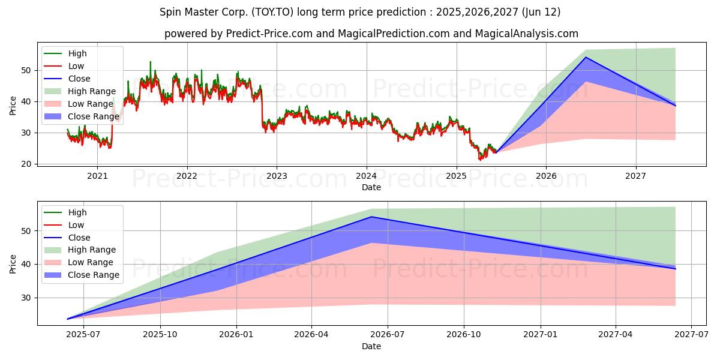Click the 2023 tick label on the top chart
pos(277,176)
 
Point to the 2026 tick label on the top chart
pos(546,176)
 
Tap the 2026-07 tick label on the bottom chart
pos(388,335)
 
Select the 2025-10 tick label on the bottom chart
pos(160,335)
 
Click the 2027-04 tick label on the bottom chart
pos(616,335)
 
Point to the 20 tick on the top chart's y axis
pos(26,164)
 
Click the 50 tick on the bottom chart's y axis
pos(26,231)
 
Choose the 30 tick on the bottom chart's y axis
pos(26,298)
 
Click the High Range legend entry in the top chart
pos(80,91)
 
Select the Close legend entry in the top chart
pos(67,79)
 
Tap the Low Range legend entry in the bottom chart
pos(79,262)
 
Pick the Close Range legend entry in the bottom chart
pos(82,275)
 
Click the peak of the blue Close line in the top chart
pos(586,57)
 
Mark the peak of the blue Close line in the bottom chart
pos(371,217)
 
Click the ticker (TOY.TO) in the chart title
pos(272,12)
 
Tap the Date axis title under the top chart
pos(371,187)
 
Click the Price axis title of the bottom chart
pos(13,264)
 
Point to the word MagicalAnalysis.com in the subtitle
pos(527,34)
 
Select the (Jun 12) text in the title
pos(541,12)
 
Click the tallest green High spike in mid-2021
pos(151,62)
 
